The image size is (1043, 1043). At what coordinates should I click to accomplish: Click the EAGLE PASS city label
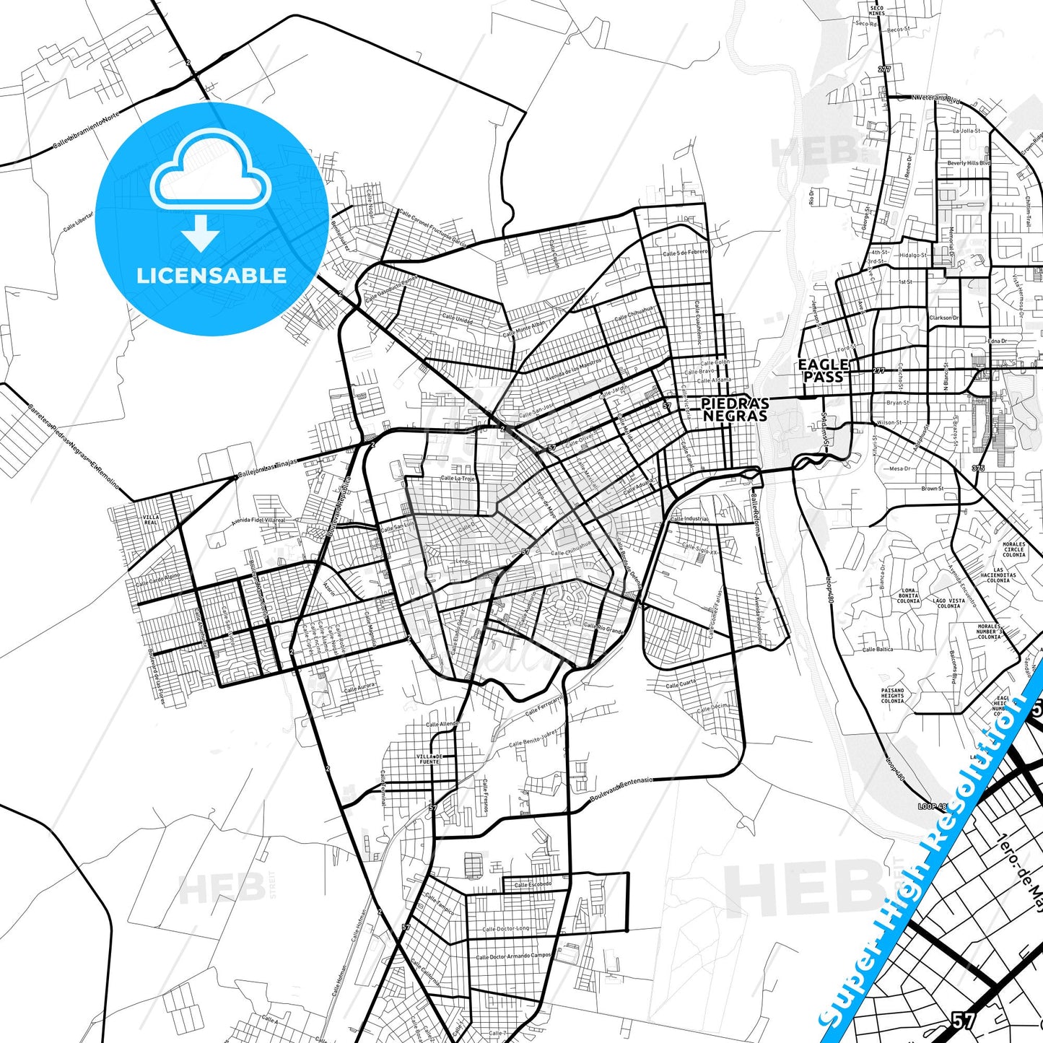[823, 370]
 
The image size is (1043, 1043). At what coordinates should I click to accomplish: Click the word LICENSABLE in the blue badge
[211, 275]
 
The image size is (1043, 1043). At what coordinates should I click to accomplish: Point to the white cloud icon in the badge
[210, 172]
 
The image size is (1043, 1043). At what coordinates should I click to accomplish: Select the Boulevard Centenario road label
[621, 790]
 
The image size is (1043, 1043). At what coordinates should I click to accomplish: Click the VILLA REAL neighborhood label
[150, 520]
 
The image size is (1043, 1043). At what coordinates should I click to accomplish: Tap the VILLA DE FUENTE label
[429, 759]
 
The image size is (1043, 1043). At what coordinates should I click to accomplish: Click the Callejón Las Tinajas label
[267, 468]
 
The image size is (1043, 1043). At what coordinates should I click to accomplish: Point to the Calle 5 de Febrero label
[685, 253]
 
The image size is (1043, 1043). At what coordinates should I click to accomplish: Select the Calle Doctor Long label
[505, 929]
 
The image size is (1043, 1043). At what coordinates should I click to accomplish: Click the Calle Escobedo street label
[533, 884]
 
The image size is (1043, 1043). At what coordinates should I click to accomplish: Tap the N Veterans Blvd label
[935, 97]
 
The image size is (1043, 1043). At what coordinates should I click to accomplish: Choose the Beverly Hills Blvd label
[969, 163]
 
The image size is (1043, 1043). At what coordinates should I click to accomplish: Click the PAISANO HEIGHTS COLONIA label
[892, 696]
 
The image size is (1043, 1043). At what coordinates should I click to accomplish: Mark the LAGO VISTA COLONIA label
[948, 603]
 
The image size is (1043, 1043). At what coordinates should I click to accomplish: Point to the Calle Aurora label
[359, 689]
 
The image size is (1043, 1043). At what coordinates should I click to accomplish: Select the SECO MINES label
[876, 10]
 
